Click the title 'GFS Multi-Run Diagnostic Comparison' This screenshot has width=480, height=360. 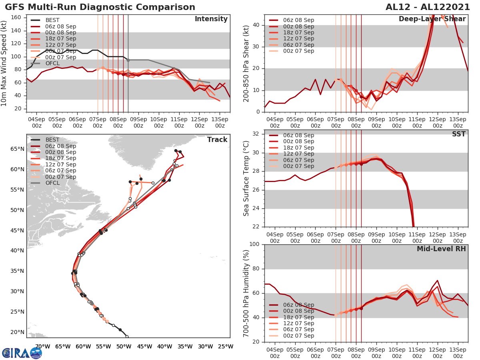(x=100, y=7)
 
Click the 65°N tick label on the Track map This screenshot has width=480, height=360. (x=17, y=149)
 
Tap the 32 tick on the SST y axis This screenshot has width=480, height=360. (x=256, y=134)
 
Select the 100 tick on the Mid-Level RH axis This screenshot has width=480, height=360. (x=254, y=244)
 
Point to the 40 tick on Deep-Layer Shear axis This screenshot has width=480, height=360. (x=256, y=25)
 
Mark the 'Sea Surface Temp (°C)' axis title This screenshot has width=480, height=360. (x=246, y=178)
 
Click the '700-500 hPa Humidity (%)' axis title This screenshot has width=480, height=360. (x=246, y=293)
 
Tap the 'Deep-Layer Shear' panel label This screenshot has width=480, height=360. (x=432, y=19)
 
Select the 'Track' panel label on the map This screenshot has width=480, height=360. (x=217, y=140)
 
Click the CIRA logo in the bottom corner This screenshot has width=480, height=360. (x=22, y=353)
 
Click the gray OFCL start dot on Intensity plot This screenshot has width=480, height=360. (x=128, y=60)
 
